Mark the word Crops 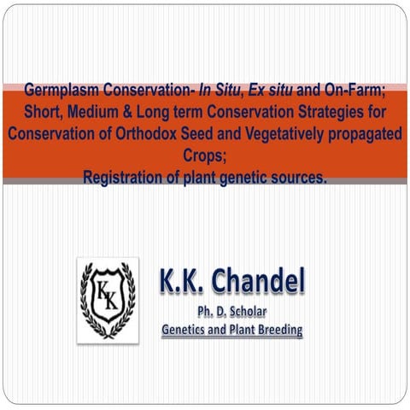click(205, 156)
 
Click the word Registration click(125, 179)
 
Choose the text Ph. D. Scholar click(231, 309)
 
